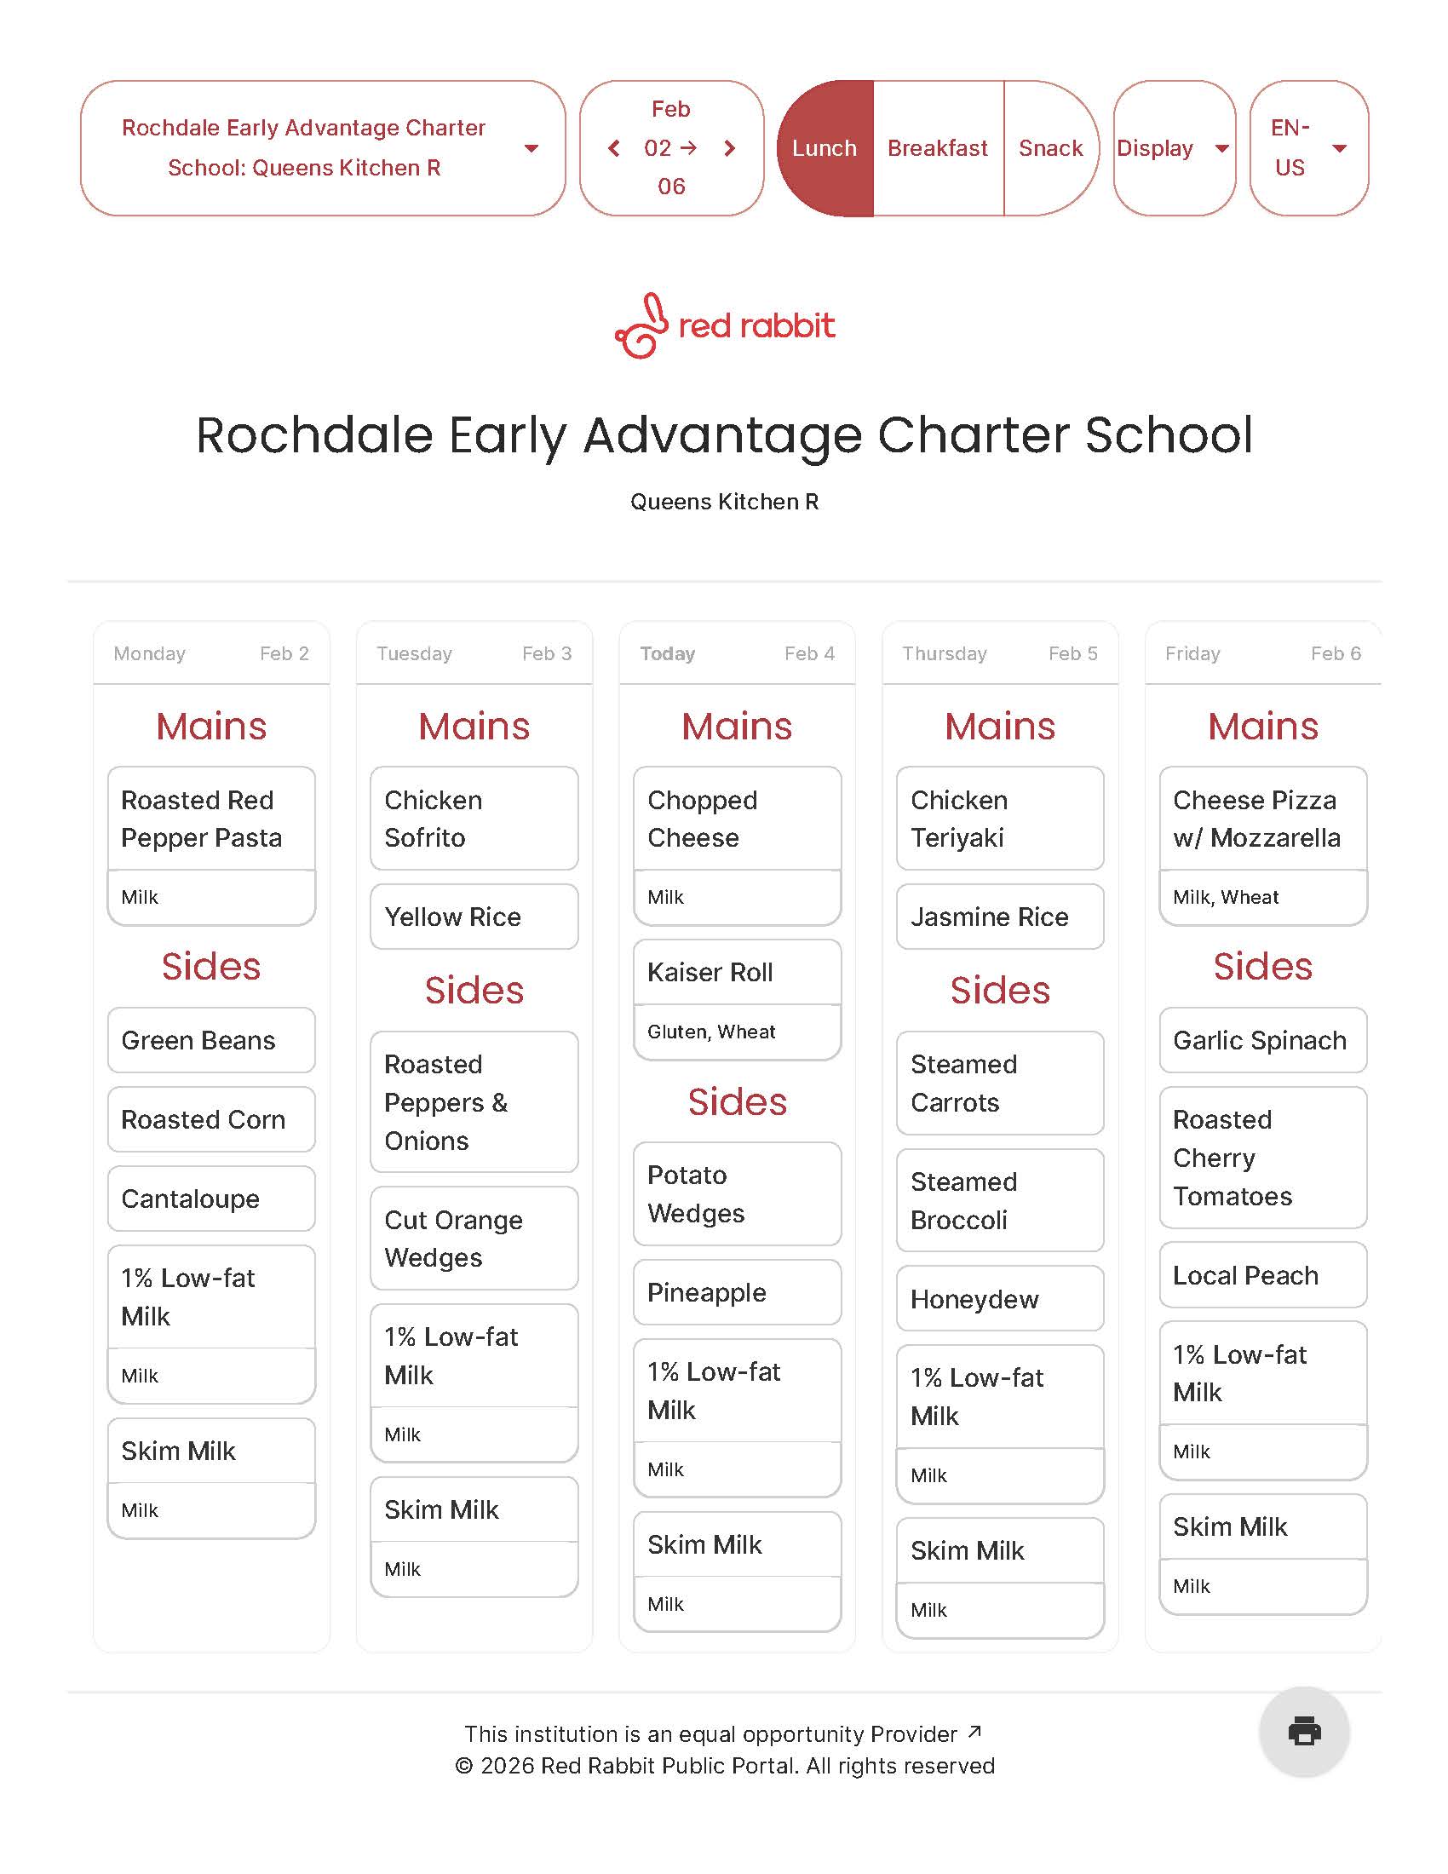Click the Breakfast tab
click(938, 148)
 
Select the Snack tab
click(1050, 148)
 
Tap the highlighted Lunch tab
click(825, 148)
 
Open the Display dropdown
click(1173, 148)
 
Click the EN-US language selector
click(1307, 148)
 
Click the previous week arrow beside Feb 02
click(614, 148)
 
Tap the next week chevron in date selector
click(730, 148)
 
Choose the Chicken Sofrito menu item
click(474, 819)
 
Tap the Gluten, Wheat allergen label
click(711, 1032)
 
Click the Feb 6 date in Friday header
click(1335, 653)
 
